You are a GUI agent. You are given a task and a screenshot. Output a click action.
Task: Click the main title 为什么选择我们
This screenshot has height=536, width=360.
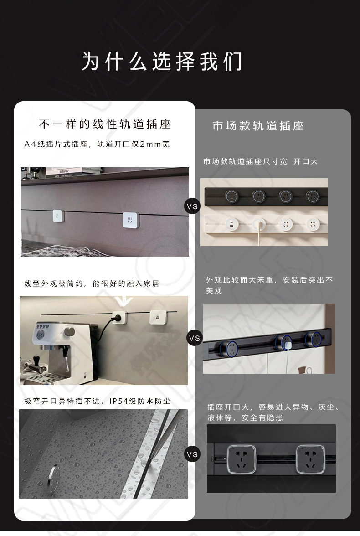point(162,62)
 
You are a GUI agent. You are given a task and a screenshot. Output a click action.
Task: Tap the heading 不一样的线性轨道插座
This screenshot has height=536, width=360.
point(105,124)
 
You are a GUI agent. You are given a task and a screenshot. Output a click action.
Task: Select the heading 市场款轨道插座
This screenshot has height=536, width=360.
point(258,126)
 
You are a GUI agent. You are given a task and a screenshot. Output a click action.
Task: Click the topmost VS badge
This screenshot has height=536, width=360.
point(192,206)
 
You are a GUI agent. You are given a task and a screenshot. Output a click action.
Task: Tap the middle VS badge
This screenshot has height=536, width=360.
point(194,338)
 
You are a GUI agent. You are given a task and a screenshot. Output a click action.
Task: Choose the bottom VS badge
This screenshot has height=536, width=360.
point(192,454)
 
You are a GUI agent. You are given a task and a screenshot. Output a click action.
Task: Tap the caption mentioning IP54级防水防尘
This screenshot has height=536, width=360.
point(97,402)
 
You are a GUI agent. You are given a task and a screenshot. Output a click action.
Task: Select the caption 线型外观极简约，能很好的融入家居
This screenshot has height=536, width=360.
point(92,283)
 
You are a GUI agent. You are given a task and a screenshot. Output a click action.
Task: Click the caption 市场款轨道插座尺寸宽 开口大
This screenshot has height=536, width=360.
point(260,161)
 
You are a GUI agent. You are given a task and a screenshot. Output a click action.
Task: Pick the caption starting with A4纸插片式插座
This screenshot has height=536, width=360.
point(97,144)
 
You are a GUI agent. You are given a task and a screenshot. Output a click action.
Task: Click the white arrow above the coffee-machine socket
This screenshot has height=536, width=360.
point(120,301)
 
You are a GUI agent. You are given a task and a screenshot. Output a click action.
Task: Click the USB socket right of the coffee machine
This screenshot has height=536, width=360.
point(157,317)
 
